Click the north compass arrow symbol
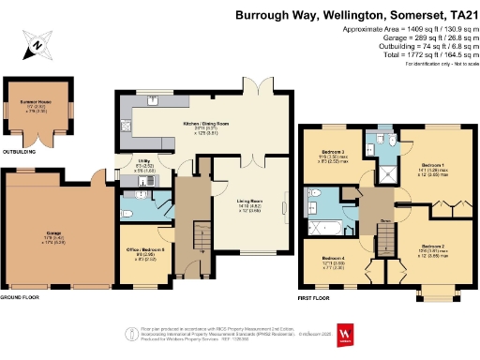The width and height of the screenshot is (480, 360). pyautogui.click(x=36, y=42)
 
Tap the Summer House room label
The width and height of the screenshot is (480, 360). pyautogui.click(x=34, y=108)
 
